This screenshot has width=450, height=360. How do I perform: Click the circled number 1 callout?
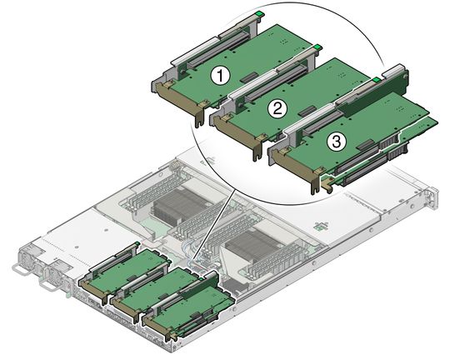(x=220, y=75)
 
